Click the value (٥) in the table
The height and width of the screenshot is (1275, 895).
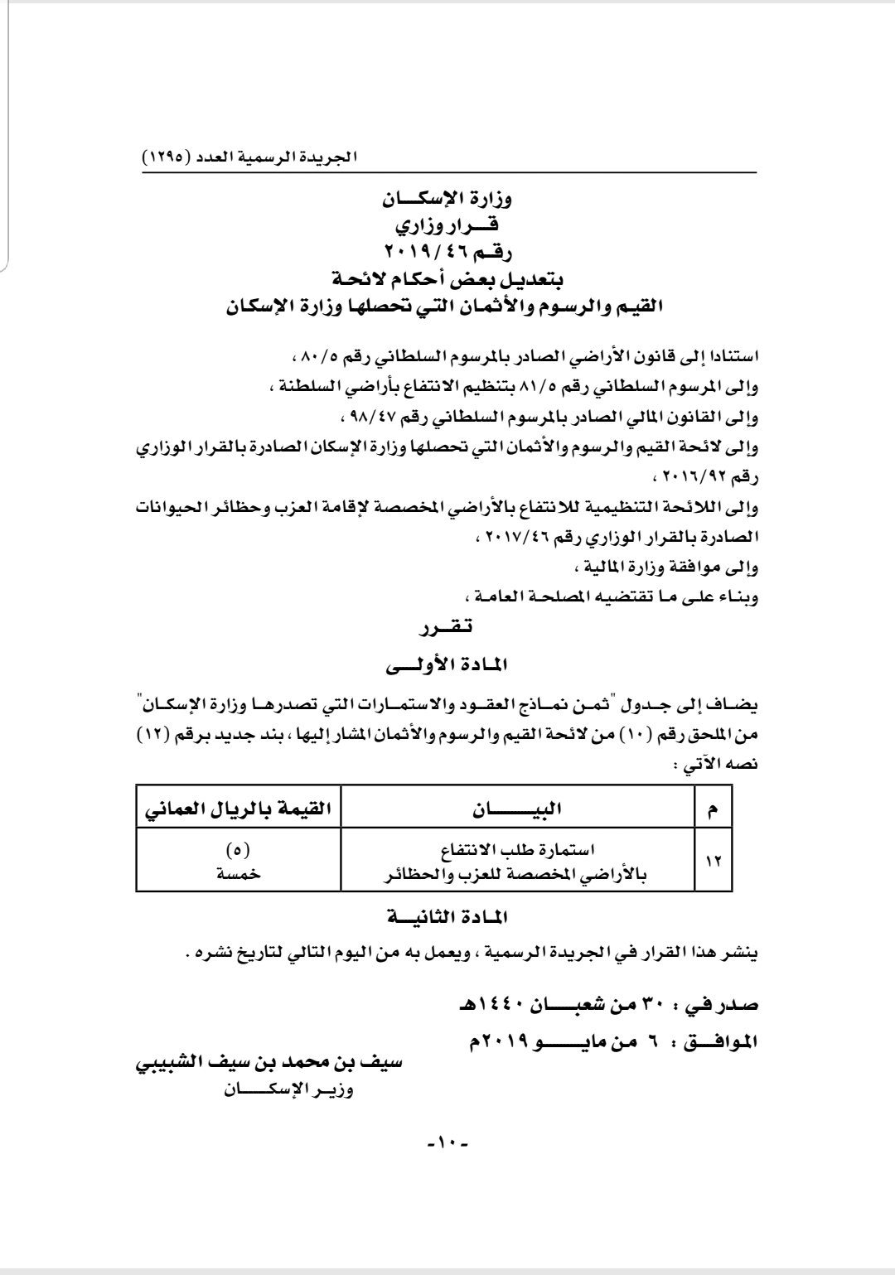coord(239,849)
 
